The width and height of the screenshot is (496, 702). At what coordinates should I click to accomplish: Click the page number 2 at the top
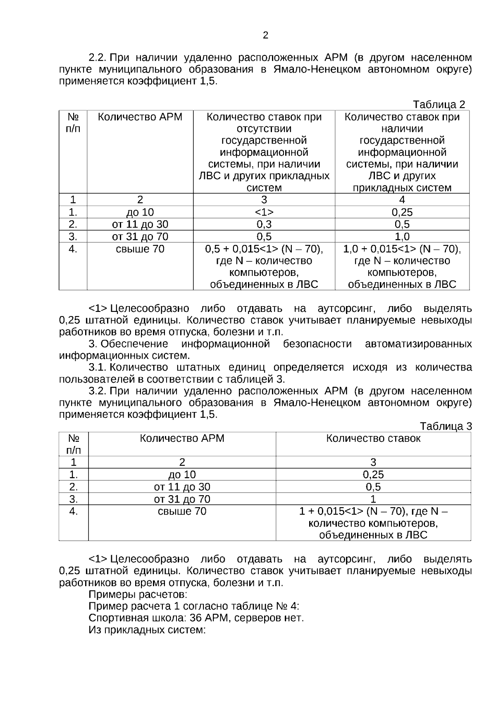pos(265,36)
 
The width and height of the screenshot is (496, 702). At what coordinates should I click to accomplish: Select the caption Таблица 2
pos(439,104)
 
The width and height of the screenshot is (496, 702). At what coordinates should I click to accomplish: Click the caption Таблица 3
pos(446,426)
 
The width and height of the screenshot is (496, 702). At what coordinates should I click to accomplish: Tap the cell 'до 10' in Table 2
pos(140,212)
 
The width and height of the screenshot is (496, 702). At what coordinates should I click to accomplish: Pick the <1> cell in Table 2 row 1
pos(264,212)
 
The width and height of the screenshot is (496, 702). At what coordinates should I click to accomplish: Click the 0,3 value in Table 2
pos(264,224)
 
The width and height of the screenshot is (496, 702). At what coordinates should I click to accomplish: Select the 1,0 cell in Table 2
pos(402,237)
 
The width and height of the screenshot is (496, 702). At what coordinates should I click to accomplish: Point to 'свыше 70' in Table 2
pos(140,249)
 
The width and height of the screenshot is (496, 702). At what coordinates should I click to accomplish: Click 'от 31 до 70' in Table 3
pos(182,499)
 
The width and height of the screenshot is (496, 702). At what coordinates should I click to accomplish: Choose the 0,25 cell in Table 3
pos(373,474)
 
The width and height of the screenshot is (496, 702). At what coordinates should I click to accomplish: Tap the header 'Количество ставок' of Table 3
pos(373,438)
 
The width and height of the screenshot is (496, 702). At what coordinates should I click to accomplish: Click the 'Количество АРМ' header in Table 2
pos(140,117)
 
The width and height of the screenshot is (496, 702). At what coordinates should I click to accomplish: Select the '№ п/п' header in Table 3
pos(74,444)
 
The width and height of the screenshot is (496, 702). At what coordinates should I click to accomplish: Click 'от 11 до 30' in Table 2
pos(140,224)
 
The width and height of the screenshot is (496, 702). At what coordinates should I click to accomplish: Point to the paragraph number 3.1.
pos(98,367)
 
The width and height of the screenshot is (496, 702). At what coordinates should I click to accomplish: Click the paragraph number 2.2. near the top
pos(98,58)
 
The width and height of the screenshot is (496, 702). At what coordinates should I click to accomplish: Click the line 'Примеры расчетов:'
pos(138,594)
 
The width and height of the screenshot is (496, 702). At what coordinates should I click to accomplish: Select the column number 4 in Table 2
pos(402,200)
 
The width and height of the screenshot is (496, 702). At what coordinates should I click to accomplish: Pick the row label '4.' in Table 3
pos(74,511)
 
